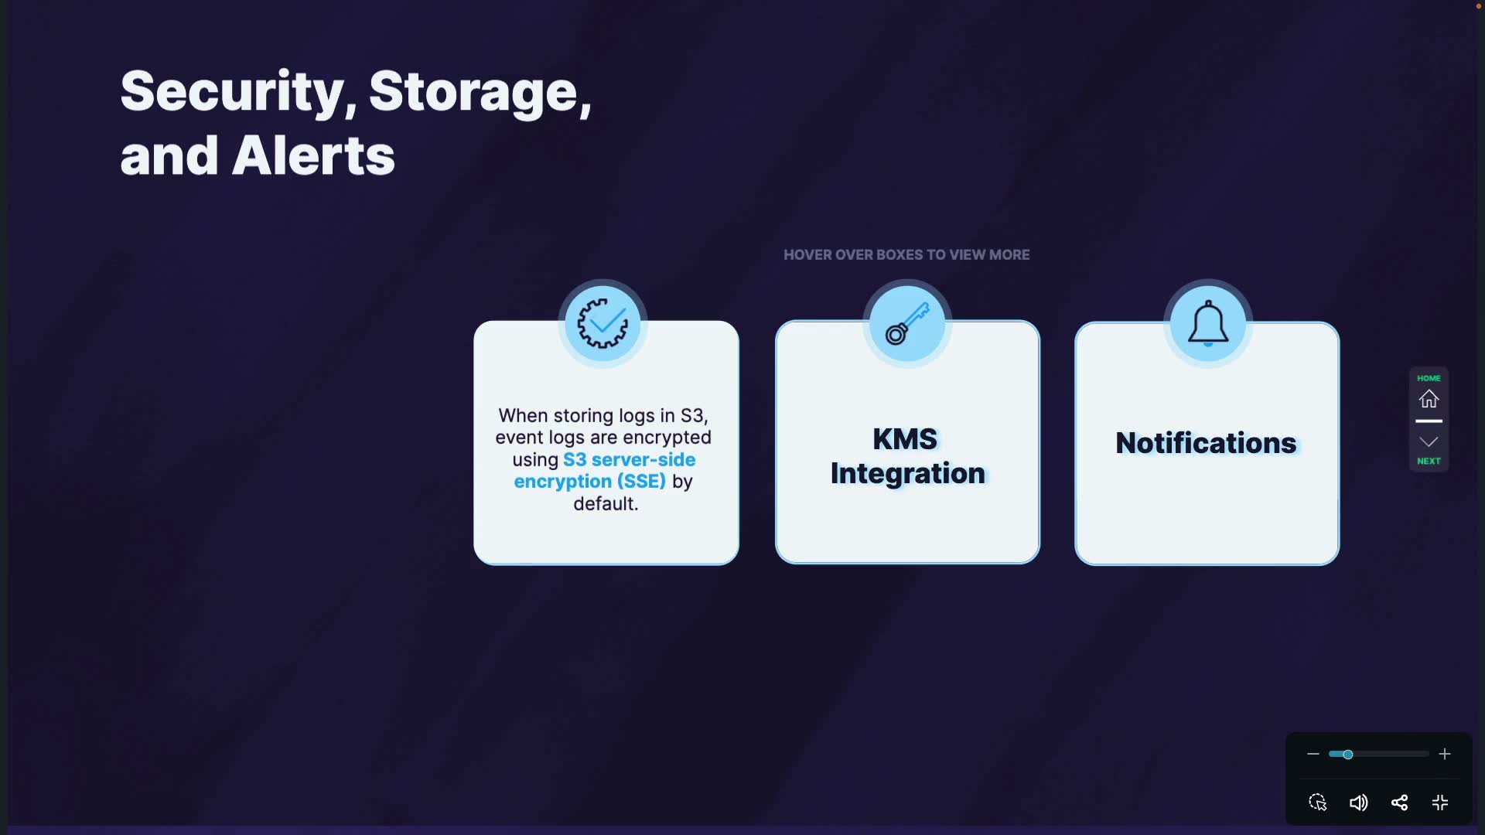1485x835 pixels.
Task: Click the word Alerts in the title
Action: coord(313,155)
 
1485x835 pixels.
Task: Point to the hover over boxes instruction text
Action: coord(906,254)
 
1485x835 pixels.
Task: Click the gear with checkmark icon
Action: coord(603,324)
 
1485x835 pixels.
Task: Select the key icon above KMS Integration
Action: coord(907,324)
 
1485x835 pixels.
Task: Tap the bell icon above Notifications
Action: coord(1207,324)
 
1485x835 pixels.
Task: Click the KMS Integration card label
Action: coord(907,456)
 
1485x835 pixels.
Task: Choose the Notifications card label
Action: coord(1206,443)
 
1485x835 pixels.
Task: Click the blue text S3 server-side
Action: coord(629,459)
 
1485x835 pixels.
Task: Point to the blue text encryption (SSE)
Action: coord(589,481)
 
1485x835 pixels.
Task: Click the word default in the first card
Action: coord(605,503)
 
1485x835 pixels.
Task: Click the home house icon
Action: coord(1429,399)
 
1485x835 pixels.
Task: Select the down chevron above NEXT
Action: coord(1429,441)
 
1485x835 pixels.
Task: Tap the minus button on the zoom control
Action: coord(1313,754)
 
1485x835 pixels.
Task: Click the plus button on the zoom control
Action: coord(1444,754)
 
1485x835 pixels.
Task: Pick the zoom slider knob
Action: coord(1347,754)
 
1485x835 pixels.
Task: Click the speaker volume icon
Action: coord(1358,803)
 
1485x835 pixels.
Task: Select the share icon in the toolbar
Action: coord(1399,803)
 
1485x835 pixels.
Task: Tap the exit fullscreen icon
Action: coord(1440,803)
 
